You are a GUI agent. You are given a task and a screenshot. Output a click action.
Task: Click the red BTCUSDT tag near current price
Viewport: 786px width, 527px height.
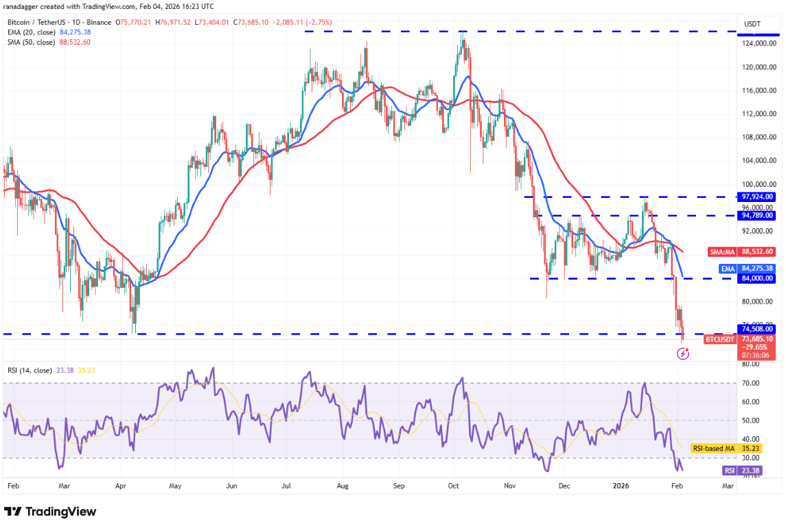719,339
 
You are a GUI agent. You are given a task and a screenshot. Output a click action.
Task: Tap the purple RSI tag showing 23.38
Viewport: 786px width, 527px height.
729,471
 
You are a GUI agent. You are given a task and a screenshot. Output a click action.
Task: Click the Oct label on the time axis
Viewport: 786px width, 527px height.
452,486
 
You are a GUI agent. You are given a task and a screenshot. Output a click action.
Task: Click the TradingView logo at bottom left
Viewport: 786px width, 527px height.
50,512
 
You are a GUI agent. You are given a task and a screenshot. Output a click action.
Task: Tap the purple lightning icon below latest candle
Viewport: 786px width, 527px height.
683,353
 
